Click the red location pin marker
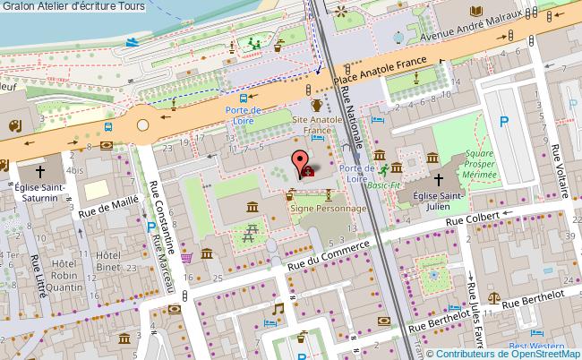point(297,164)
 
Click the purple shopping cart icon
point(186,257)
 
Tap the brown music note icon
point(278,308)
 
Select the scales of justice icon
point(492,292)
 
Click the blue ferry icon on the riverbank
point(133,41)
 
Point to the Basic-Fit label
point(384,184)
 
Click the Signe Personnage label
point(329,208)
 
